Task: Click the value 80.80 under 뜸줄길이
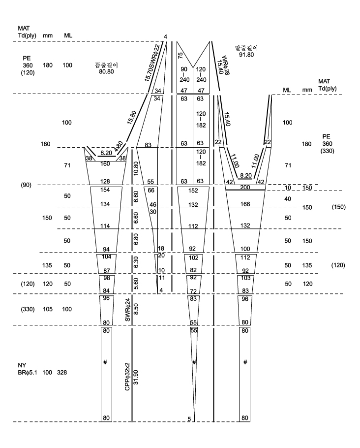point(106,71)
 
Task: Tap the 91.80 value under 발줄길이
point(246,54)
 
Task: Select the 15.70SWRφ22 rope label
point(152,63)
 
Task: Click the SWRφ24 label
point(127,310)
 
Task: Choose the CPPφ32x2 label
point(127,377)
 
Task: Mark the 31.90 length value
point(136,377)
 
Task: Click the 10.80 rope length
point(136,168)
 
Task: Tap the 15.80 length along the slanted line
point(132,117)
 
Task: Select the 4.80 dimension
point(118,146)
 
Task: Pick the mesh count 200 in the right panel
point(245,188)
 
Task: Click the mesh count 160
point(105,164)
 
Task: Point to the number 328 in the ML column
point(62,372)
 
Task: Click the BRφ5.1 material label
point(28,372)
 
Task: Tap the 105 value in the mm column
point(48,309)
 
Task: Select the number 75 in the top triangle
point(180,56)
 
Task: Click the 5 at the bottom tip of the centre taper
point(189,419)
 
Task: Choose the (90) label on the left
point(26,185)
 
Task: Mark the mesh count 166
point(245,204)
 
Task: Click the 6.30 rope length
point(136,262)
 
